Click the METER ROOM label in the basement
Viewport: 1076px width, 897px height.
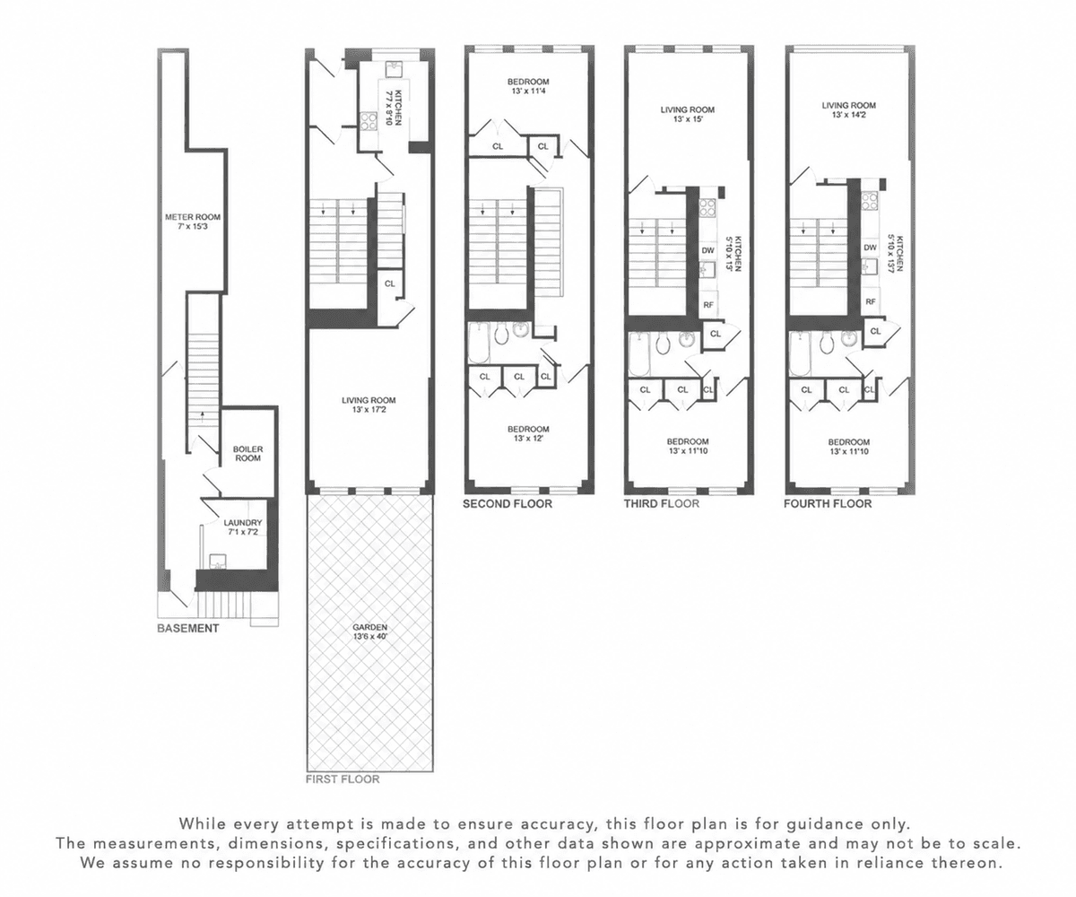193,222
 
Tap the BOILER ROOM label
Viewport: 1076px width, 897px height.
247,454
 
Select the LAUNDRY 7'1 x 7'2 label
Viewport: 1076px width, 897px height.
243,527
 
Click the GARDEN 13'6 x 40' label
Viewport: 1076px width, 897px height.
370,632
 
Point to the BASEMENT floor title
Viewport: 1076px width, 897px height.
188,629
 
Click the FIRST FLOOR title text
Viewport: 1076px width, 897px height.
343,779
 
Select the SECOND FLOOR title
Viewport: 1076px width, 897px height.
508,504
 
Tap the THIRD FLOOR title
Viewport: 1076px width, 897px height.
662,503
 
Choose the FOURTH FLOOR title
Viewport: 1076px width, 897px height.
829,503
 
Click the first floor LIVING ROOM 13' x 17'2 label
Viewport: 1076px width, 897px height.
369,405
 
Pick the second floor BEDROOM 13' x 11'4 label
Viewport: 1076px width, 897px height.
528,86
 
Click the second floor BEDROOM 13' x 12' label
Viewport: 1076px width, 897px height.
528,433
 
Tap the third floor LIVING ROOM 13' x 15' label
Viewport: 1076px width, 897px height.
688,114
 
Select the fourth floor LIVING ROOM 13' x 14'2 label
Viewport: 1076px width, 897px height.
849,109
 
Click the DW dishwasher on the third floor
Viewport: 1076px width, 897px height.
708,250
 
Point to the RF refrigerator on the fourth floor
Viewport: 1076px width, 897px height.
871,301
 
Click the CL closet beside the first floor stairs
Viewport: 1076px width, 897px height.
390,283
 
